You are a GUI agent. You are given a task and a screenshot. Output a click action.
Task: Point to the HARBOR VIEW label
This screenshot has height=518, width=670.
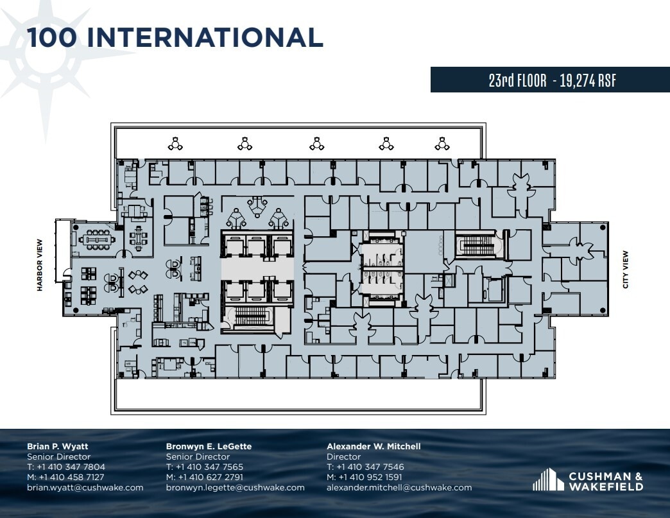[40, 265]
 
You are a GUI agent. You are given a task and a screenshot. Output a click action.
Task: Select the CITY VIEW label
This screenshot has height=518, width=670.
[626, 269]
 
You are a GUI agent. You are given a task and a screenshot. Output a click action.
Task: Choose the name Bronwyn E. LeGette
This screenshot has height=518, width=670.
[209, 446]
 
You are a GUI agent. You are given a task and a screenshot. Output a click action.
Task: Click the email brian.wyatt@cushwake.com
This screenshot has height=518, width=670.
[85, 487]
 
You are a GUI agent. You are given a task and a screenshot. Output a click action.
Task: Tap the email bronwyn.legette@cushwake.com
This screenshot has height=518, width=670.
[235, 487]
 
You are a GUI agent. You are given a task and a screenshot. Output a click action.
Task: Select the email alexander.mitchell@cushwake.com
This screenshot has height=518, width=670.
[399, 487]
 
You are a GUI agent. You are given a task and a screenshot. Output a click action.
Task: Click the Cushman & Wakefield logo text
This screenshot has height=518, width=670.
[605, 481]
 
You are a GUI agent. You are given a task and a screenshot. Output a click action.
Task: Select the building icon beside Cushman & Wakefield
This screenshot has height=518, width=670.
[546, 479]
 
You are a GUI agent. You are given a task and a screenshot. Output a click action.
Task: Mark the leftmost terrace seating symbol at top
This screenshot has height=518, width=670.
[175, 144]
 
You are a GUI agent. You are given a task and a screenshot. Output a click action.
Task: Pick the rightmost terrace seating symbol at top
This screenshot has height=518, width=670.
[441, 144]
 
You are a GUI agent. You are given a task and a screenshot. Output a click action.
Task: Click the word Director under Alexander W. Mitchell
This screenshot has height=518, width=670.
[343, 456]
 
